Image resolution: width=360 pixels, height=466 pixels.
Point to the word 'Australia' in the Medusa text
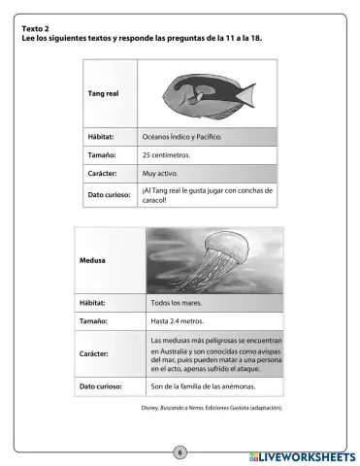pyautogui.click(x=177, y=349)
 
